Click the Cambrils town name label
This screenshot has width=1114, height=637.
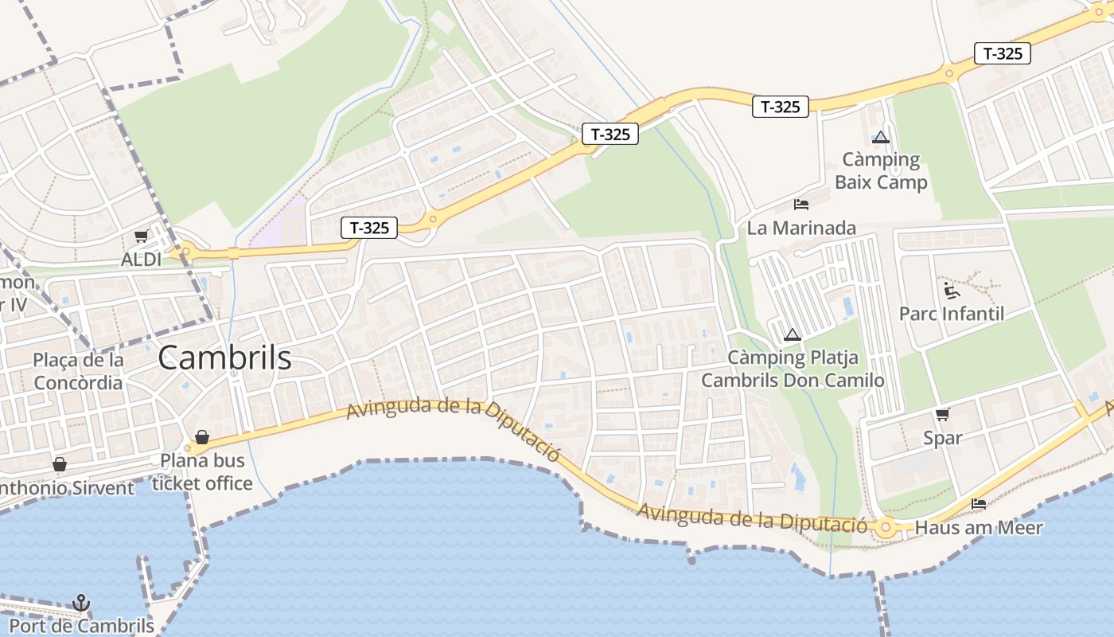point(224,358)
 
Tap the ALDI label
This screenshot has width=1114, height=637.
point(141,260)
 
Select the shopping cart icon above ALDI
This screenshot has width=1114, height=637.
point(141,236)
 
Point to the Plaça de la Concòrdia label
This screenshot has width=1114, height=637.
point(78,371)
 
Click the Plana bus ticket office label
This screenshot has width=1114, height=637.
point(202,472)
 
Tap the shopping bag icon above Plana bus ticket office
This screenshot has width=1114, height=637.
point(202,437)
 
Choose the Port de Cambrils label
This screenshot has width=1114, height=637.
point(81,626)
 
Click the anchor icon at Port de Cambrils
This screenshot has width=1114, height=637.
point(81,603)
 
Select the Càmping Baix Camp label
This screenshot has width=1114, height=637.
point(881,171)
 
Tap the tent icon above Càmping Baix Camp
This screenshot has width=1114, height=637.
point(880,137)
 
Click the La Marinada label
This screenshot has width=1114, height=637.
point(801,229)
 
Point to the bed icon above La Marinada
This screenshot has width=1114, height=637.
point(801,205)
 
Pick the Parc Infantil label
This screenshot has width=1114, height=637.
point(952,314)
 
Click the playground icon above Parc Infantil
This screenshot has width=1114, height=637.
point(950,290)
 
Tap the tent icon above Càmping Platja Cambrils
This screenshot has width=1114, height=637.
point(791,334)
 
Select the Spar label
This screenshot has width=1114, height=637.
point(943,438)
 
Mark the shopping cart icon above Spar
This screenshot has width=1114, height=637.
point(943,414)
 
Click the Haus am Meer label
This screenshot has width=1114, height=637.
point(979,527)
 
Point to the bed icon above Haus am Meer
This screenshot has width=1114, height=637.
point(979,503)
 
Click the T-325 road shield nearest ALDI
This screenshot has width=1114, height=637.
point(369,228)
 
